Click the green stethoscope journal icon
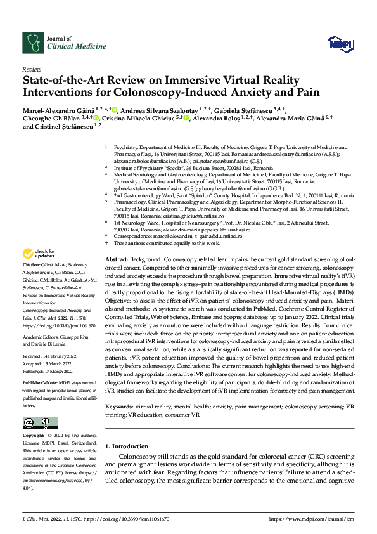coord(32,42)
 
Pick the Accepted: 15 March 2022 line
coord(48,364)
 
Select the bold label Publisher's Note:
coord(40,385)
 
